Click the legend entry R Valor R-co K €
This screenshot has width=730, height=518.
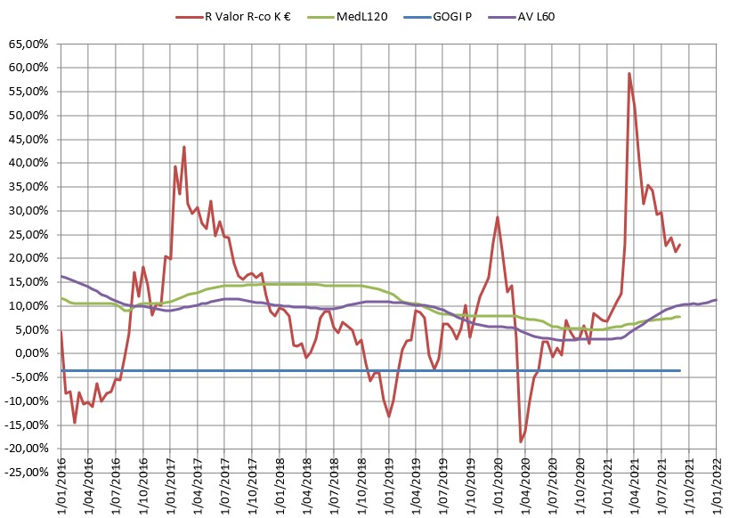click(x=248, y=15)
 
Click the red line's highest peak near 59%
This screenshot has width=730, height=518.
click(x=629, y=73)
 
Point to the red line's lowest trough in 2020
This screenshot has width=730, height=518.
click(x=521, y=441)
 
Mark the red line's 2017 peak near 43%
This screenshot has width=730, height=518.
click(x=184, y=147)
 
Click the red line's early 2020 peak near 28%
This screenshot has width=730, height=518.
click(x=498, y=217)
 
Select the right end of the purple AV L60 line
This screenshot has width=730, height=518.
click(x=716, y=300)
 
